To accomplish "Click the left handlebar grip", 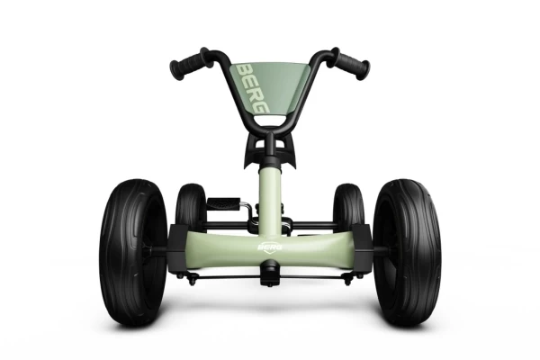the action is tap(189, 65).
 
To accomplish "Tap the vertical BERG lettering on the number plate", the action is tap(253, 88).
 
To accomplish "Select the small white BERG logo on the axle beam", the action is tap(270, 247).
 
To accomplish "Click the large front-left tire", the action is tap(133, 252).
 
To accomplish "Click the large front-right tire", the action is tap(407, 252).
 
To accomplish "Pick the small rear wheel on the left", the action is tap(191, 207).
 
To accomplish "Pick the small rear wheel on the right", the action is tap(348, 207).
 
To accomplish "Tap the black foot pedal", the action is tap(223, 202).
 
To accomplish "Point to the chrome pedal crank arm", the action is tap(247, 210).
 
